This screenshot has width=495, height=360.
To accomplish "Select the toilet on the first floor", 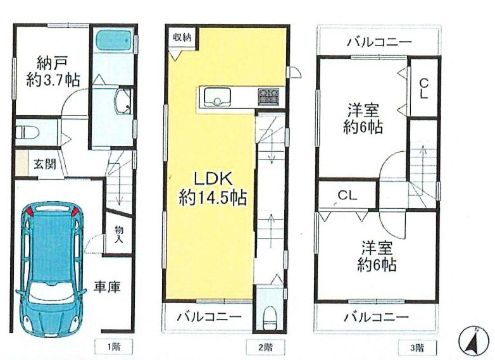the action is click(x=27, y=132).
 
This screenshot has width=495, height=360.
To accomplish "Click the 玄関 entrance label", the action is click(x=45, y=164).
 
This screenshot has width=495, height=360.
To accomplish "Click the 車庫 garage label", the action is click(x=107, y=287).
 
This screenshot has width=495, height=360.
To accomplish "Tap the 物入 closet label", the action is click(x=119, y=235).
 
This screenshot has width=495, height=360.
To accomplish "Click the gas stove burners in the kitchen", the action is click(x=268, y=96).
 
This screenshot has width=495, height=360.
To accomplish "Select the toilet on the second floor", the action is click(x=270, y=316).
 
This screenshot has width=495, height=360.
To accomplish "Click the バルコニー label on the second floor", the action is click(x=209, y=316).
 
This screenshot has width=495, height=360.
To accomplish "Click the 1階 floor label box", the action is click(x=114, y=347).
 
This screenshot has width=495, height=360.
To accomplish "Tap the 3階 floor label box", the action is click(x=418, y=348).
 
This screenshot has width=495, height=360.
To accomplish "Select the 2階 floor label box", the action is click(x=265, y=347).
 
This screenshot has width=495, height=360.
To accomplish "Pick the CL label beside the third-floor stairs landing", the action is click(x=348, y=196).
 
